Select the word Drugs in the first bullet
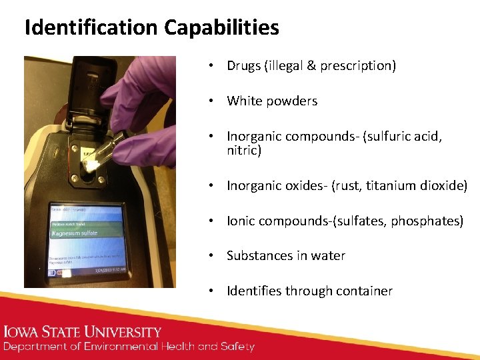(x=243, y=65)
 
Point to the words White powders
(x=272, y=101)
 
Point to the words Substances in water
(x=286, y=255)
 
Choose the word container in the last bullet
(x=365, y=291)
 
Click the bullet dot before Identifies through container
(x=210, y=291)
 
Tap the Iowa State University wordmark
(x=83, y=332)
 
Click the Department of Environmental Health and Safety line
(x=129, y=347)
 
